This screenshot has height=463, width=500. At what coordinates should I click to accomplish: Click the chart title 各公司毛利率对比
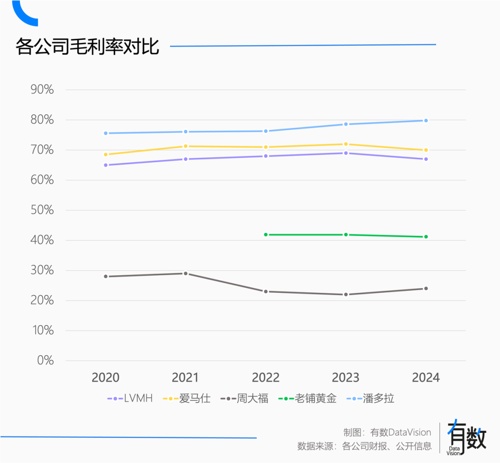coord(87,47)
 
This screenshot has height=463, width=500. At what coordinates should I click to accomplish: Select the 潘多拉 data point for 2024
coord(426,120)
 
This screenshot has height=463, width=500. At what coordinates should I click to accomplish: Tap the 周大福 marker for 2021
coord(186,273)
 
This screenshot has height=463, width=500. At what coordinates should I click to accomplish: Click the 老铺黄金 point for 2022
coord(266,235)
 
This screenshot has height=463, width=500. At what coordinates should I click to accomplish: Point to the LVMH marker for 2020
coord(106,165)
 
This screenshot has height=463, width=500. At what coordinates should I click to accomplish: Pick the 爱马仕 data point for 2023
coord(346,144)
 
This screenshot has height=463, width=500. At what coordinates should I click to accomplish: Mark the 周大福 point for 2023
coord(346,295)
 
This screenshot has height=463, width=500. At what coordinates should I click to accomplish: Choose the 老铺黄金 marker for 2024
coord(426,237)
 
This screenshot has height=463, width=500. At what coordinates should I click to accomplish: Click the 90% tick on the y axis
coord(42,90)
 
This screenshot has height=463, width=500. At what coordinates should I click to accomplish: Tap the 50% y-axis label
coord(42,210)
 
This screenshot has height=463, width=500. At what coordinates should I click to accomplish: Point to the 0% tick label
coord(45,361)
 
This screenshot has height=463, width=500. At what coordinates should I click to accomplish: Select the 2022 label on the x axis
coord(266,378)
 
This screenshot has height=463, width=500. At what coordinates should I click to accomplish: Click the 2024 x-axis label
coord(426,378)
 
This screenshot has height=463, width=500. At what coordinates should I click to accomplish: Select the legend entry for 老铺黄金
coord(307,398)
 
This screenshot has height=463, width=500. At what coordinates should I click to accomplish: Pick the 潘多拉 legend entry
coord(370,398)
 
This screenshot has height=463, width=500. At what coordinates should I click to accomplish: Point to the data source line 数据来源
coord(364,446)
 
